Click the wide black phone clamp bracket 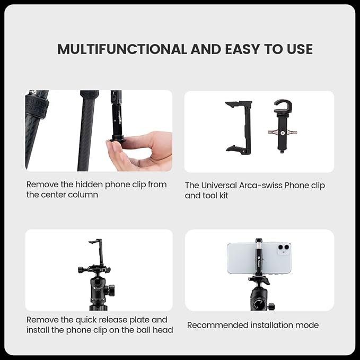click(x=239, y=127)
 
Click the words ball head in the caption click(x=154, y=330)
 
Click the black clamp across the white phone click(x=258, y=258)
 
